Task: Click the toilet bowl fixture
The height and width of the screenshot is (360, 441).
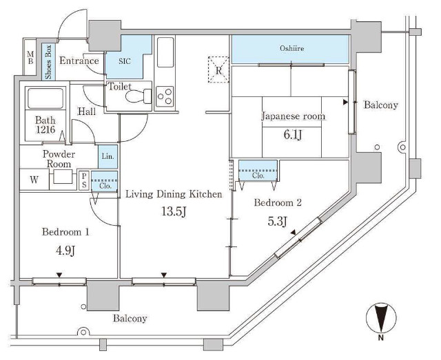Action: [x=139, y=96]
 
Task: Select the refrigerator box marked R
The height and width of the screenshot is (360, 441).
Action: [x=218, y=70]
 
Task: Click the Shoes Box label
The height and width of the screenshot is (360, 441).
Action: [x=48, y=62]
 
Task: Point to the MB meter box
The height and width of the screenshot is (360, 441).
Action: [x=30, y=57]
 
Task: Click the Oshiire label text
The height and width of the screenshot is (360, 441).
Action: [x=291, y=48]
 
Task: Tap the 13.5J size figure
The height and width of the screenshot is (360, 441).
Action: [x=174, y=211]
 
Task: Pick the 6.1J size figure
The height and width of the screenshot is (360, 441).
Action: [x=292, y=135]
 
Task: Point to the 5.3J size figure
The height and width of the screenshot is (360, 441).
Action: [x=277, y=221]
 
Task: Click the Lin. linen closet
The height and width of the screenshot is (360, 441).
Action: [x=108, y=156]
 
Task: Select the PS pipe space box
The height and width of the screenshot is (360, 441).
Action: [x=84, y=181]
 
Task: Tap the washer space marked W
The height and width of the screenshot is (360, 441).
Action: [x=34, y=180]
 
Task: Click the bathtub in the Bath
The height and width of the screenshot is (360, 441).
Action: [x=45, y=98]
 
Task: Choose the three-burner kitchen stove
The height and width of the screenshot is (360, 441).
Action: [x=165, y=96]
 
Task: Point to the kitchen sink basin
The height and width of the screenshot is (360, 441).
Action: [x=165, y=52]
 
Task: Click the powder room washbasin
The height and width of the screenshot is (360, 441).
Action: [x=63, y=177]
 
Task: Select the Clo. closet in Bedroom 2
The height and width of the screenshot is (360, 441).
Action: [x=258, y=170]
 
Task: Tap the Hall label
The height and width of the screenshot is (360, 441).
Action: [x=87, y=112]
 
